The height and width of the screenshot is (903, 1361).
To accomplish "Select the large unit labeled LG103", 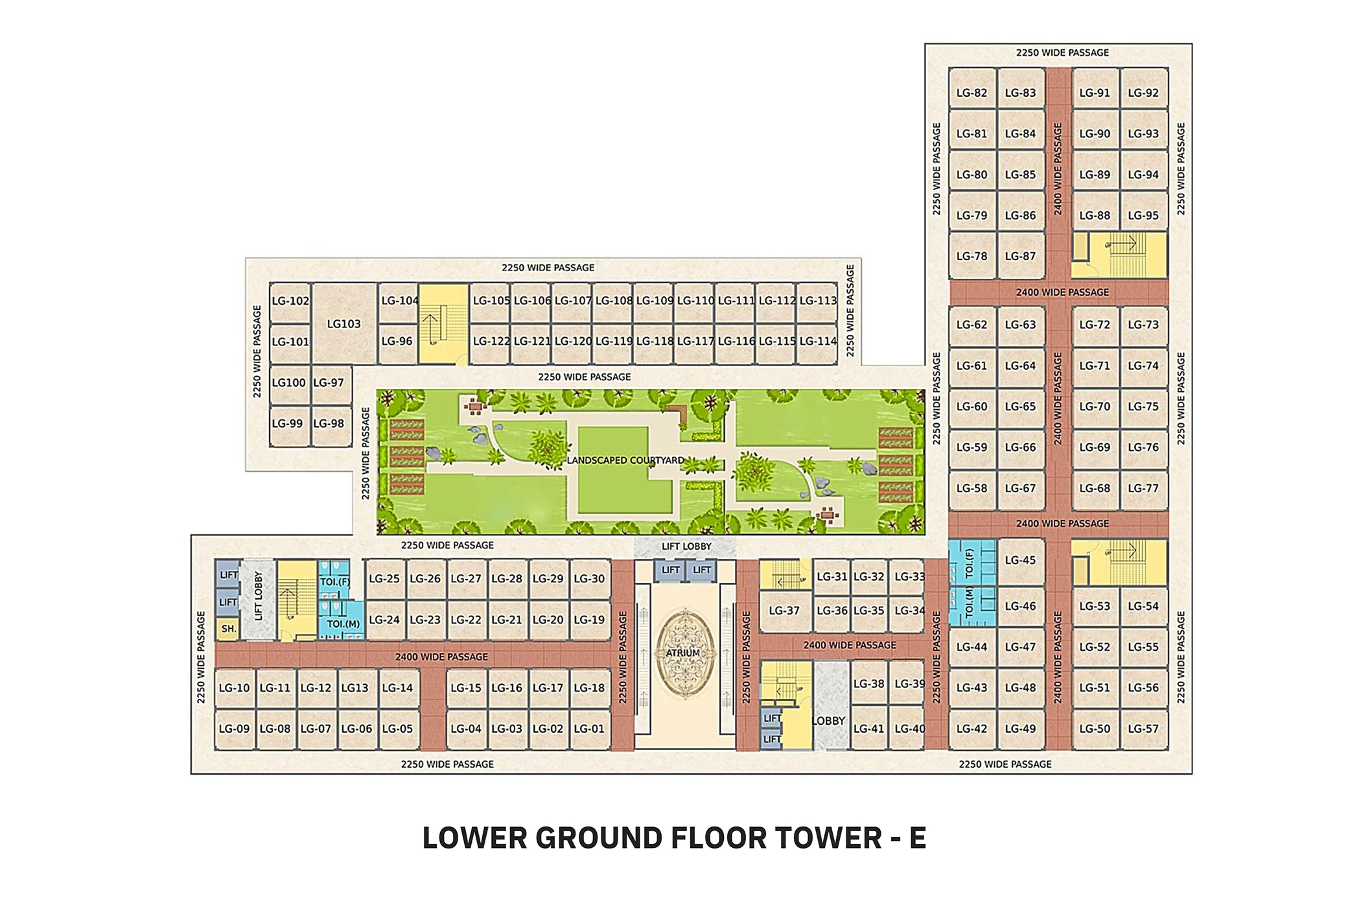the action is point(344,323).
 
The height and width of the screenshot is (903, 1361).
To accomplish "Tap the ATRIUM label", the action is point(683,653).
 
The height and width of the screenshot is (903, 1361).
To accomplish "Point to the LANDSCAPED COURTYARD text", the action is point(625,460).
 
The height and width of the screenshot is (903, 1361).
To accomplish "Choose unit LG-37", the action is point(784,611).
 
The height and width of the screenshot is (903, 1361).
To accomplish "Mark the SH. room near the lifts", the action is point(228,629).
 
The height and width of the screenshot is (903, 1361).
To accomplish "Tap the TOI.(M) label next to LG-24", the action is point(343,624).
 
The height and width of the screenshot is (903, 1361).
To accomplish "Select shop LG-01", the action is point(589,729).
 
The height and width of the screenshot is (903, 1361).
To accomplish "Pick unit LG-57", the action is point(1143,729).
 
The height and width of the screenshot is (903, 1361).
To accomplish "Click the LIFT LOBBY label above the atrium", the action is point(686,546).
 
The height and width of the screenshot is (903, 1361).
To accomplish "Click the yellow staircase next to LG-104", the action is point(443,323).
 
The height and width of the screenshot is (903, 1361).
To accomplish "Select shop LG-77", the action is point(1143,488).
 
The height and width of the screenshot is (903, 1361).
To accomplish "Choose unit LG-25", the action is point(384,578).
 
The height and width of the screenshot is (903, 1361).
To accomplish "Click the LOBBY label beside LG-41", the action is point(829,721).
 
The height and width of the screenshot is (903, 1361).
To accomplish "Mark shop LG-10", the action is point(234,688).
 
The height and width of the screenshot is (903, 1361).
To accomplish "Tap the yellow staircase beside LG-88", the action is point(1120,255).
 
